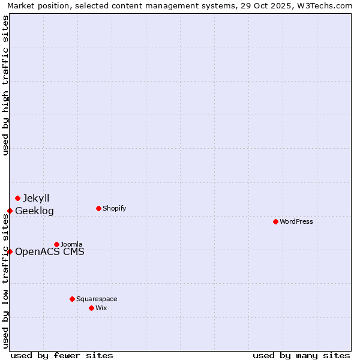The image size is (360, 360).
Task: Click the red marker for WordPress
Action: click(275, 221)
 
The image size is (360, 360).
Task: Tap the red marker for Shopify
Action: click(98, 208)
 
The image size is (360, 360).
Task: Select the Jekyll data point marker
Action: click(17, 198)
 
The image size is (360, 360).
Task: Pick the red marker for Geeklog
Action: click(10, 211)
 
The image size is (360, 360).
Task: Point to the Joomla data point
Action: click(56, 244)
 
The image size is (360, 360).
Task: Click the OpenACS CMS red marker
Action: click(10, 251)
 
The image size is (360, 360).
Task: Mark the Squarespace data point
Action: click(72, 299)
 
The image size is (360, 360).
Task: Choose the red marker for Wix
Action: click(91, 308)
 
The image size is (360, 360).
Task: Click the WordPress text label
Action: click(296, 221)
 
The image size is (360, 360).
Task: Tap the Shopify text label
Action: click(115, 208)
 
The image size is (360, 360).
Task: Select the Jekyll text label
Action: click(36, 198)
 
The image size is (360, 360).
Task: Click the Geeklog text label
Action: click(34, 211)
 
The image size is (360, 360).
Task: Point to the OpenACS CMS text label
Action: click(50, 251)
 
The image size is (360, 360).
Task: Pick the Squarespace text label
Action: click(97, 299)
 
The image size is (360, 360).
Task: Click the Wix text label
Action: click(101, 308)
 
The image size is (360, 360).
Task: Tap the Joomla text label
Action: click(71, 244)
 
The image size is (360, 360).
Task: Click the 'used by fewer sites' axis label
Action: click(62, 355)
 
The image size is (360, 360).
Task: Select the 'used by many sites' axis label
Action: click(301, 355)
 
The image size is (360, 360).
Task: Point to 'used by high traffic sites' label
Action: click(5, 85)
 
